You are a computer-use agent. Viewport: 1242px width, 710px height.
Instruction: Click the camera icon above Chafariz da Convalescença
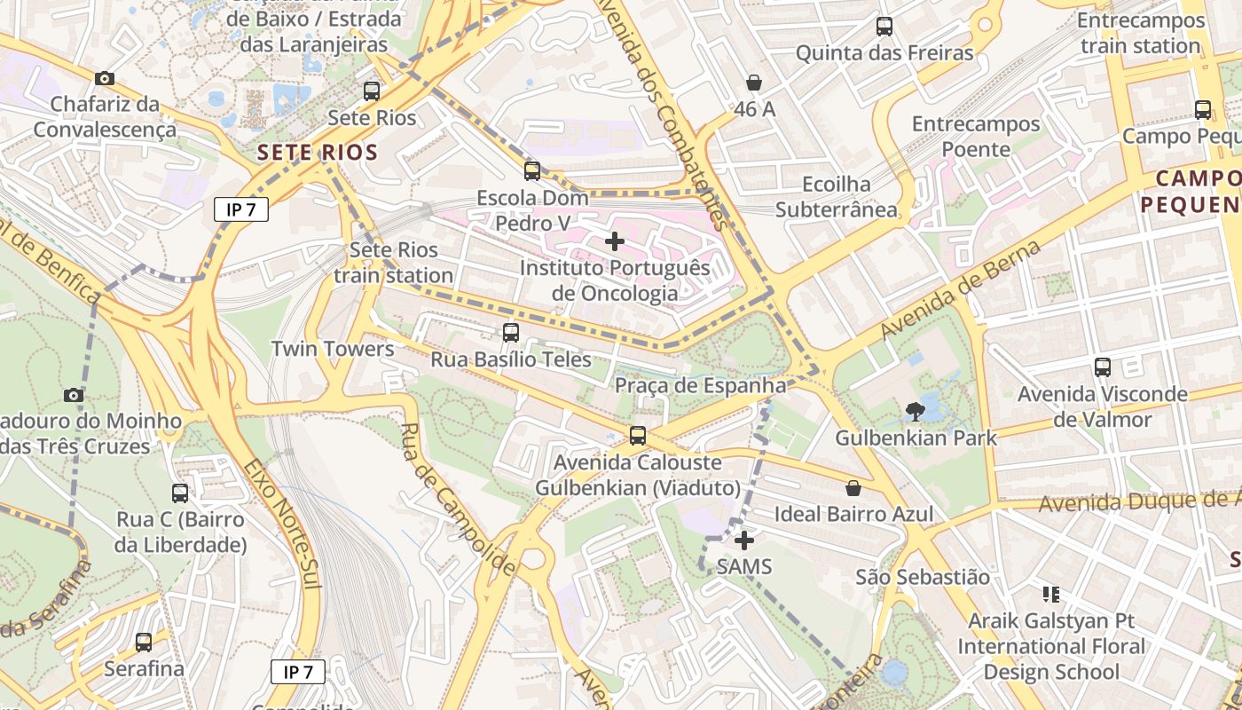(105, 78)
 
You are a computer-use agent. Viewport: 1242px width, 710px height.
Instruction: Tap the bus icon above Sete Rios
(372, 91)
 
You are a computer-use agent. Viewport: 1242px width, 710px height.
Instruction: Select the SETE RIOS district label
(318, 152)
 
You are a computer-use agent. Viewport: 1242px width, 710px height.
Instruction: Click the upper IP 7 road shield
(240, 209)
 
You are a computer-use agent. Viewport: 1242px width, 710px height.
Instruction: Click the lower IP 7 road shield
(297, 672)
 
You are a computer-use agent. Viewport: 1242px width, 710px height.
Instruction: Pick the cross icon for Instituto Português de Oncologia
(614, 241)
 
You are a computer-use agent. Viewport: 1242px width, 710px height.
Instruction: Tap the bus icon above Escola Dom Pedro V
(532, 170)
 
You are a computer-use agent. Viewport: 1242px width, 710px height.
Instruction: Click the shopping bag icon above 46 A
(754, 83)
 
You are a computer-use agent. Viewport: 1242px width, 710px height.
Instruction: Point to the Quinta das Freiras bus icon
(884, 26)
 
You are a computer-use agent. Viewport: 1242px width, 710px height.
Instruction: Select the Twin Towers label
(333, 349)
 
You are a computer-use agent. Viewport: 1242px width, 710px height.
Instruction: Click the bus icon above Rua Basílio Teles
(511, 333)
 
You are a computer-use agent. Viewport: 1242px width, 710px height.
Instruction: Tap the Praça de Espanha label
(700, 385)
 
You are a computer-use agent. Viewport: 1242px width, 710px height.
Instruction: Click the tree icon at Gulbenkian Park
(915, 411)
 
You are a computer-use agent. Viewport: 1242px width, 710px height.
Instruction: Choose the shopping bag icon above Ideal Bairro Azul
(853, 487)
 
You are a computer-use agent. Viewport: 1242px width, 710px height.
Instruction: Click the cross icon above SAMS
(744, 540)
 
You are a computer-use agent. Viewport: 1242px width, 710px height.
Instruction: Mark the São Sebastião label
(923, 577)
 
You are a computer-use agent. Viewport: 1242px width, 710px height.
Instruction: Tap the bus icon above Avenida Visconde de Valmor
(1103, 367)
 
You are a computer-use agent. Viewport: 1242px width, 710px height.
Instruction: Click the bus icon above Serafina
(144, 642)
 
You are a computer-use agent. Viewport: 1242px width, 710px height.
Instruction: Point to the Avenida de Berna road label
(961, 289)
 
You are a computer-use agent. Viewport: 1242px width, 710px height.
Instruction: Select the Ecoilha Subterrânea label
(836, 197)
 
